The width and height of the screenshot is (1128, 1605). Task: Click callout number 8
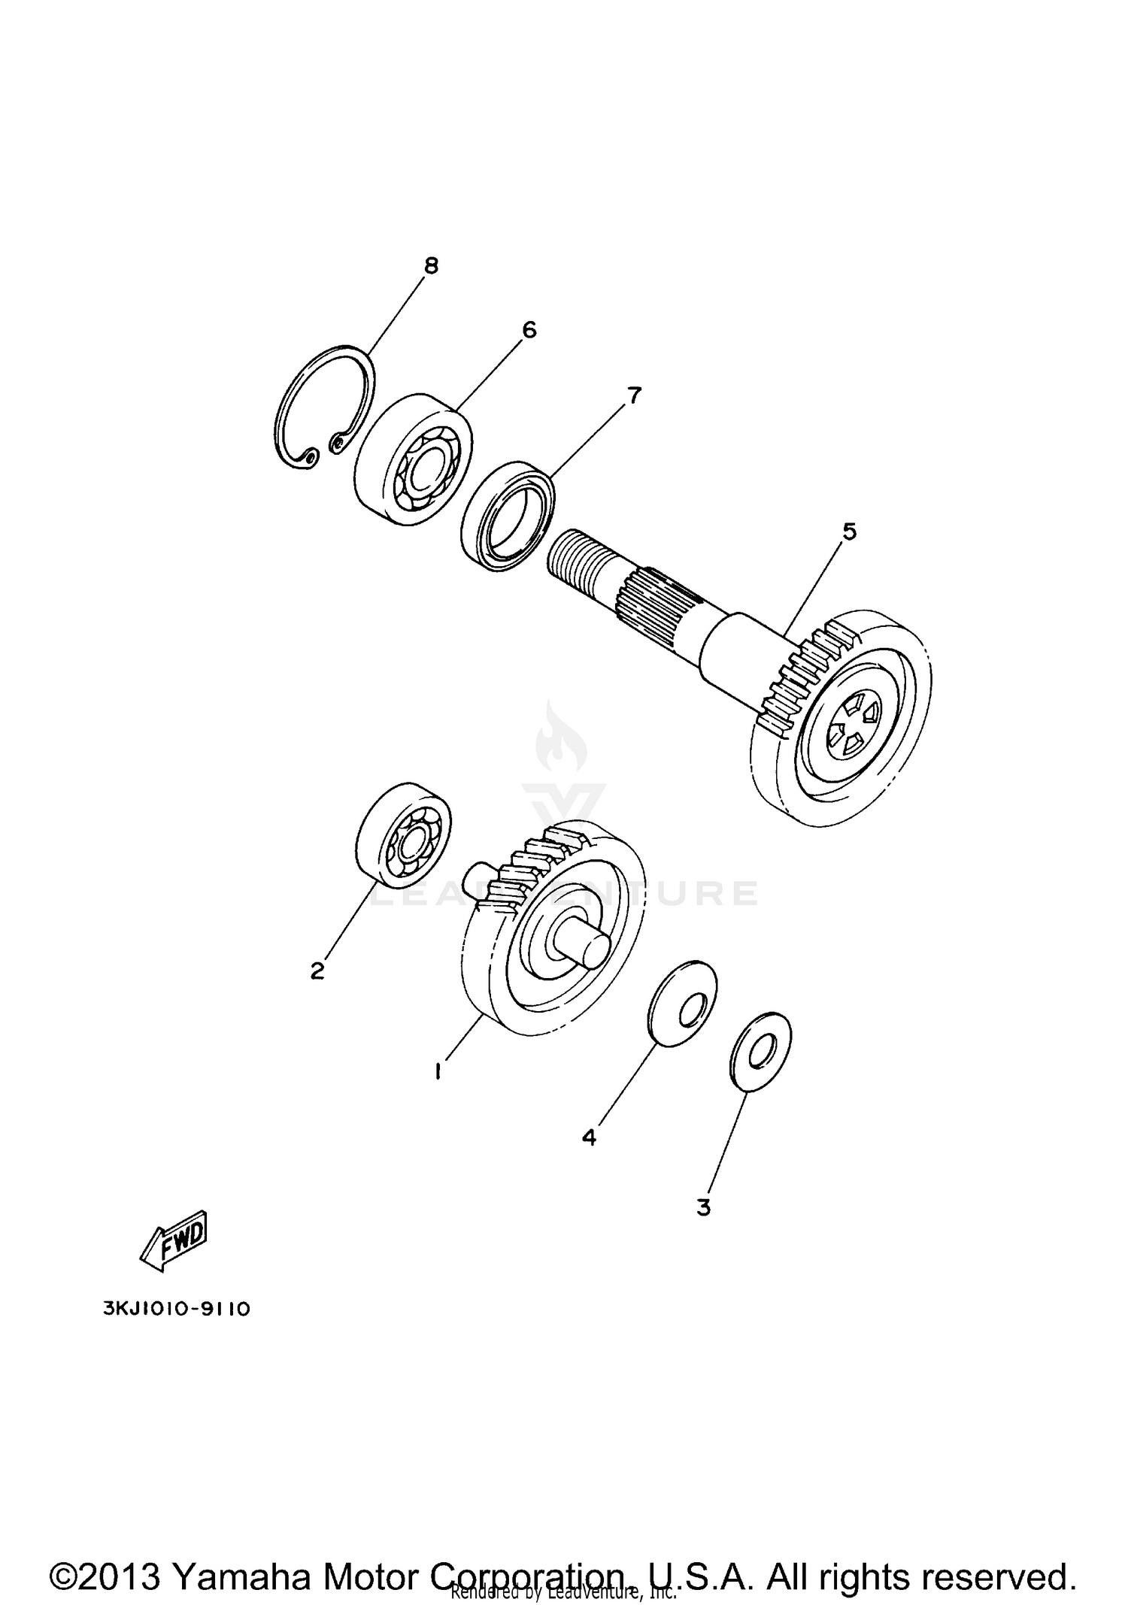(x=430, y=265)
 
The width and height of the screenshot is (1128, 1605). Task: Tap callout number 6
(x=529, y=329)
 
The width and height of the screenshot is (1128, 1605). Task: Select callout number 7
(x=634, y=395)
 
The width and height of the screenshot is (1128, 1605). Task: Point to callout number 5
(x=848, y=531)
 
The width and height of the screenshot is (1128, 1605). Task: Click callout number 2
(x=317, y=971)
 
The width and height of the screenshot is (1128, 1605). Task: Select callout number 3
(x=703, y=1208)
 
